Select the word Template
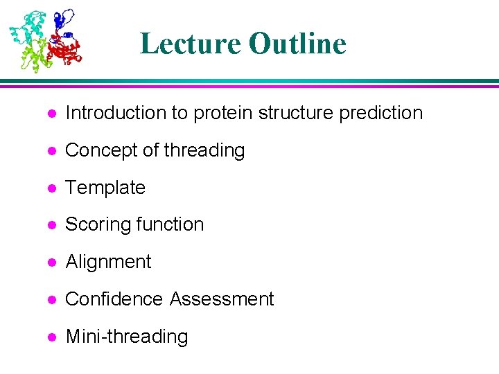coord(105,188)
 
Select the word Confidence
coord(114,299)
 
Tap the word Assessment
coord(222,299)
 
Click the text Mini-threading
coord(126,337)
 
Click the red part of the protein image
coord(67,50)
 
